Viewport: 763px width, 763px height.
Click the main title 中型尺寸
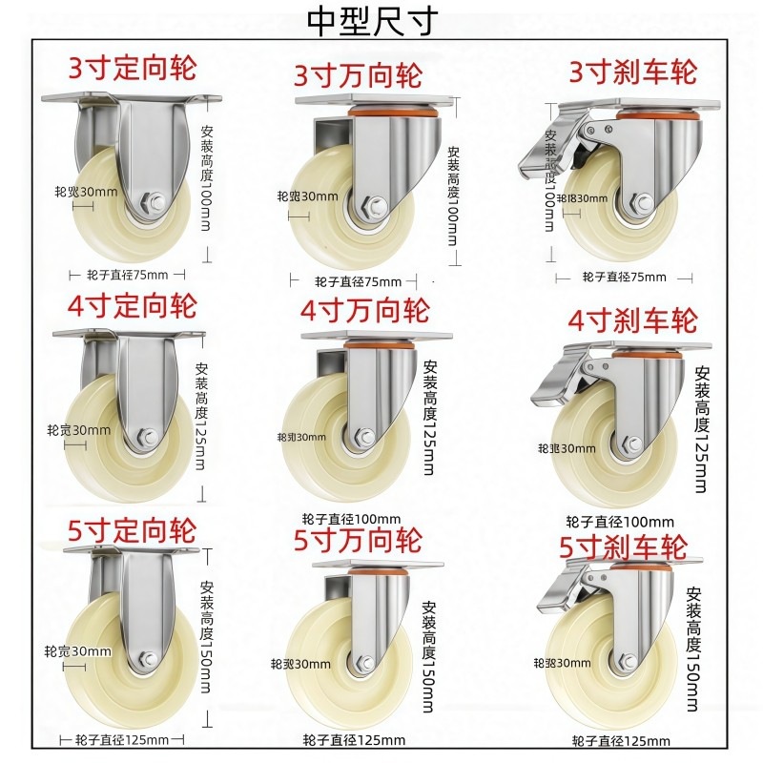372,20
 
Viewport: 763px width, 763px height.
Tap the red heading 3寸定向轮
132,69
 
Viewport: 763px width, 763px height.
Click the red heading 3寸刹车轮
632,72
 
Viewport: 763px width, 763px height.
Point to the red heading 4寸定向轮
132,307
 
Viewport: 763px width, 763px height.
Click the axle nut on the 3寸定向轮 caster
152,201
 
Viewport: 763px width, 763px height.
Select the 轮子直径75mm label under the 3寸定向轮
127,275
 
